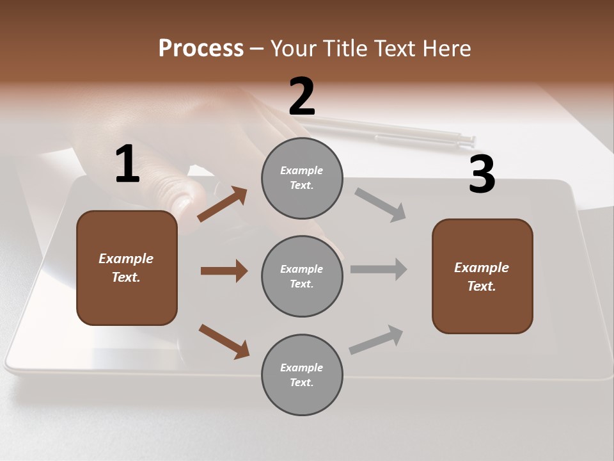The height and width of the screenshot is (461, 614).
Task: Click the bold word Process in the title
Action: pyautogui.click(x=201, y=48)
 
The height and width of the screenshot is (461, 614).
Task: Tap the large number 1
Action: pyautogui.click(x=127, y=165)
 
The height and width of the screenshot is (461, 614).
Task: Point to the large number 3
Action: pyautogui.click(x=482, y=175)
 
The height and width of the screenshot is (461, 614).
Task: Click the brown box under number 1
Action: pyautogui.click(x=127, y=268)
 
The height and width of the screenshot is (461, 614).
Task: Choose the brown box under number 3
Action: pyautogui.click(x=482, y=277)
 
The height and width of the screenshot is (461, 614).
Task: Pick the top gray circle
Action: pyautogui.click(x=302, y=178)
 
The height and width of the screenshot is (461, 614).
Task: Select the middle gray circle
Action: pyautogui.click(x=302, y=276)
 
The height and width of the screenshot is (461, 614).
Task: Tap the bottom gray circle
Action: pyautogui.click(x=302, y=375)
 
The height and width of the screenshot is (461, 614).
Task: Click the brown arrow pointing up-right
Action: pyautogui.click(x=223, y=204)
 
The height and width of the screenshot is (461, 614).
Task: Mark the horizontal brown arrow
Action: pyautogui.click(x=224, y=271)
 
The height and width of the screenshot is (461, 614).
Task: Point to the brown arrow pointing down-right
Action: pyautogui.click(x=224, y=341)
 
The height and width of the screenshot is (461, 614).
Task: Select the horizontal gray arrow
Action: pyautogui.click(x=379, y=270)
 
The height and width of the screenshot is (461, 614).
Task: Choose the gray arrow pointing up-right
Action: pyautogui.click(x=377, y=339)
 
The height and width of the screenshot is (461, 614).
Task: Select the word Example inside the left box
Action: pyautogui.click(x=126, y=259)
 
